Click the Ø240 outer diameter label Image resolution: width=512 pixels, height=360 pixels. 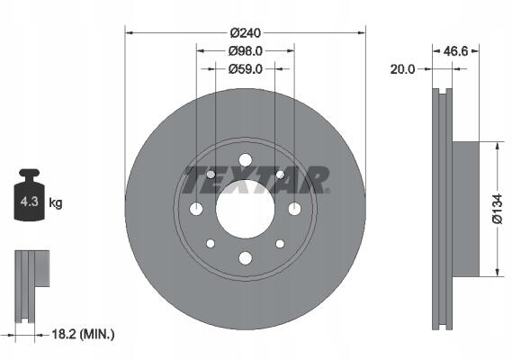[246, 33]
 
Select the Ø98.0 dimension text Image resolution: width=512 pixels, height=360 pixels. [246, 51]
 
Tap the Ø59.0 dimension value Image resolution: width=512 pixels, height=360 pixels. [246, 69]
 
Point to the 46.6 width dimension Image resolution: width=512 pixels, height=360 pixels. [456, 51]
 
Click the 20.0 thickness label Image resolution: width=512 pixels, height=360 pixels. [402, 69]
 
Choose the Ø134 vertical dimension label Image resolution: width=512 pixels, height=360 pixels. [497, 209]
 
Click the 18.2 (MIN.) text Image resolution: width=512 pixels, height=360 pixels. [84, 334]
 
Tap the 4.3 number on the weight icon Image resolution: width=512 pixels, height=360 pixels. [30, 202]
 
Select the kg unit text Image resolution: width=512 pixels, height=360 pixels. [56, 202]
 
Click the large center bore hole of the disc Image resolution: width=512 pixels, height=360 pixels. [246, 209]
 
